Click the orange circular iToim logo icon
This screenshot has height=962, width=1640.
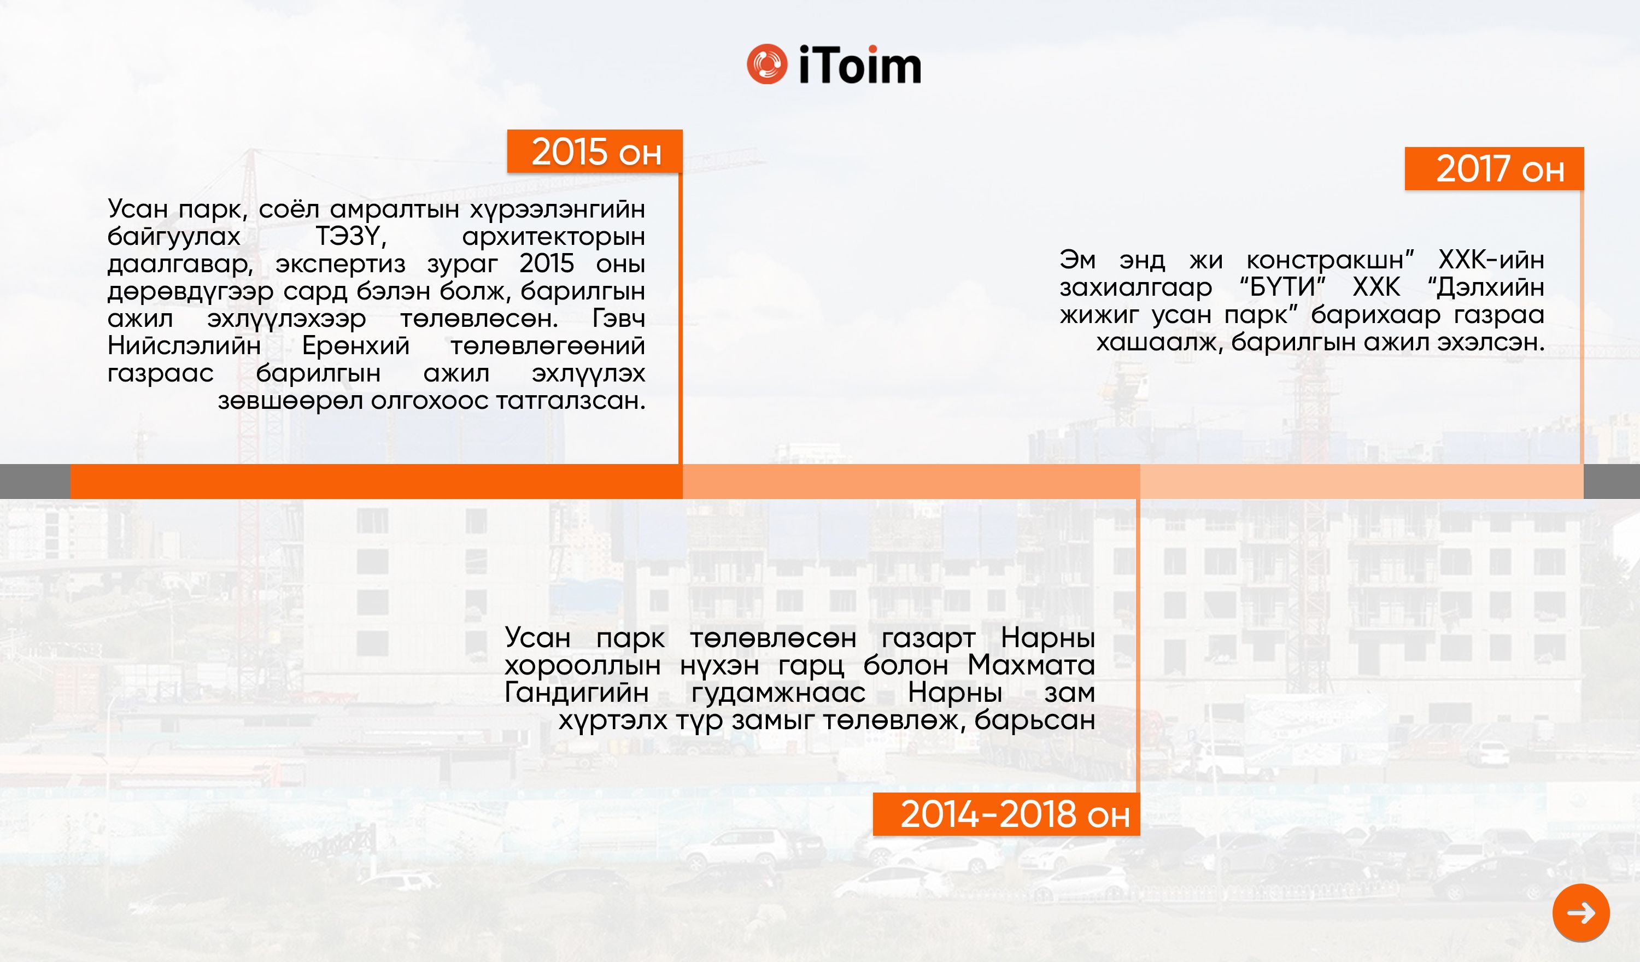pos(766,64)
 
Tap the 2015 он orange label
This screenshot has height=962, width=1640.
pos(595,151)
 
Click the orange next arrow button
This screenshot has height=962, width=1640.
pos(1581,912)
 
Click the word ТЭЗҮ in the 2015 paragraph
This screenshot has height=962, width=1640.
pos(351,236)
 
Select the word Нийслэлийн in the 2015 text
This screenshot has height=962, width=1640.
pos(184,345)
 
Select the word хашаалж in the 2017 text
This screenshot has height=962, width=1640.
pos(1159,342)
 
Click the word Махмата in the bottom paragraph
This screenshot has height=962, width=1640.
pos(1032,665)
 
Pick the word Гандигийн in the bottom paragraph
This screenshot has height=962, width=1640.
pos(577,693)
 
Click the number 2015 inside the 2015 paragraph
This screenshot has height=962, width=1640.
pos(547,263)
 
